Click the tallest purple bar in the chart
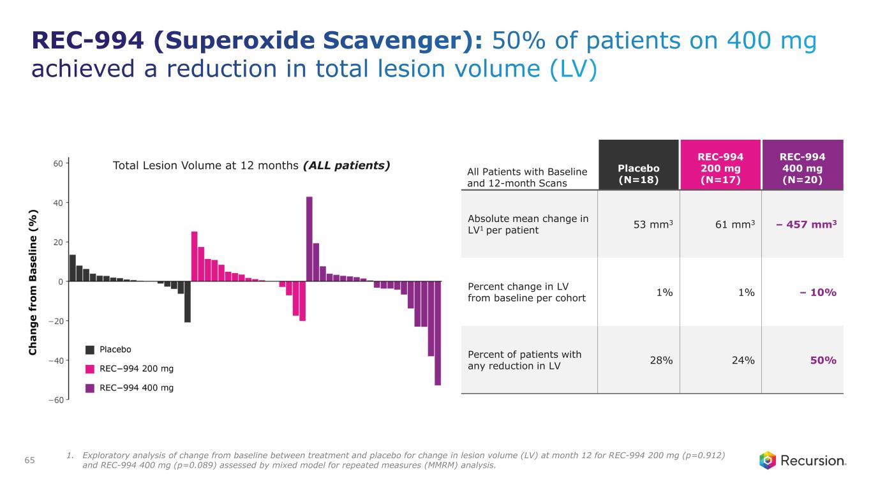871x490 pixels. (x=309, y=239)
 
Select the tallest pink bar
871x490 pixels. (x=195, y=256)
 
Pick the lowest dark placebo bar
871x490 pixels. (x=188, y=301)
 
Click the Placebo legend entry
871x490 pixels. (x=115, y=349)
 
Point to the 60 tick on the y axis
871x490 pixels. (x=57, y=163)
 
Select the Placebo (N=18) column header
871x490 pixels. (x=638, y=173)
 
